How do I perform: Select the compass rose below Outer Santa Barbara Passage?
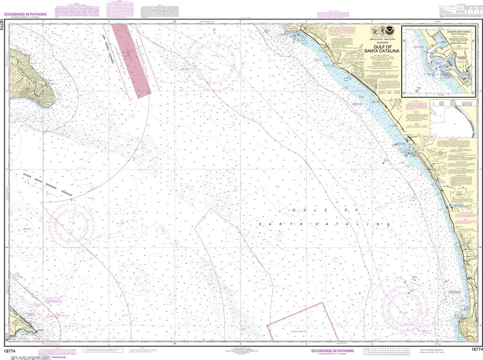pos(71,229)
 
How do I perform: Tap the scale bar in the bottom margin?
pos(387,351)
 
